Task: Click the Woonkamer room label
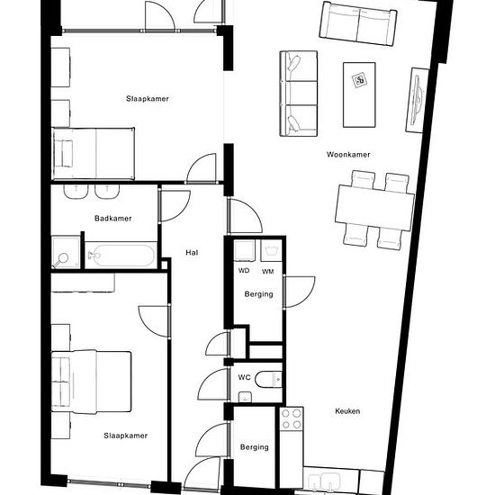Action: [x=348, y=155]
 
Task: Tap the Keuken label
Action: [x=347, y=411]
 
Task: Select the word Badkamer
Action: [x=113, y=218]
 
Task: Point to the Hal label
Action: [x=192, y=253]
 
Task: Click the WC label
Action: [x=244, y=377]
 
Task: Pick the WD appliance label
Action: [x=244, y=271]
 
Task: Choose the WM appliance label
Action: [x=267, y=271]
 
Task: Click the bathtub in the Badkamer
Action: [x=121, y=255]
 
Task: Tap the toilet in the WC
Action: [x=268, y=380]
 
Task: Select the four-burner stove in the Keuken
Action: [x=292, y=418]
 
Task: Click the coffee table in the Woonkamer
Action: [x=359, y=94]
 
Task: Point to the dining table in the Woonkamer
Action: [x=374, y=209]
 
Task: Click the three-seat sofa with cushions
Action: [x=298, y=94]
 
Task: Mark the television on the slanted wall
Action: [x=417, y=101]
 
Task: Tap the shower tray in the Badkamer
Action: [x=66, y=252]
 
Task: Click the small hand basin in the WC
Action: [x=245, y=397]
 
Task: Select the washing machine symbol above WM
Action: [x=271, y=250]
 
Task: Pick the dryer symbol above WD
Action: [x=245, y=250]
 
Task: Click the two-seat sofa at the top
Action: [x=358, y=23]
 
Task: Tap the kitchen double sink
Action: [x=324, y=483]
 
